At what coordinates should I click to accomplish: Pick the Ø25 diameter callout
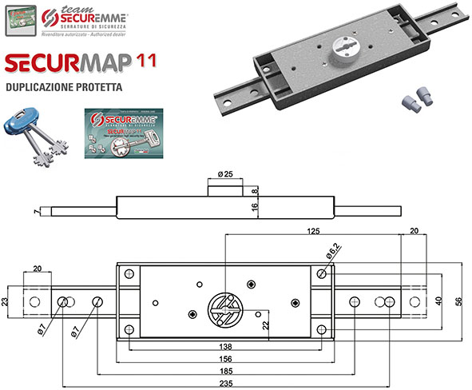225,174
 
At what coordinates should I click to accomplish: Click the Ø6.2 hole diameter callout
335,254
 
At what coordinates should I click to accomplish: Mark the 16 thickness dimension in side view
255,205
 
